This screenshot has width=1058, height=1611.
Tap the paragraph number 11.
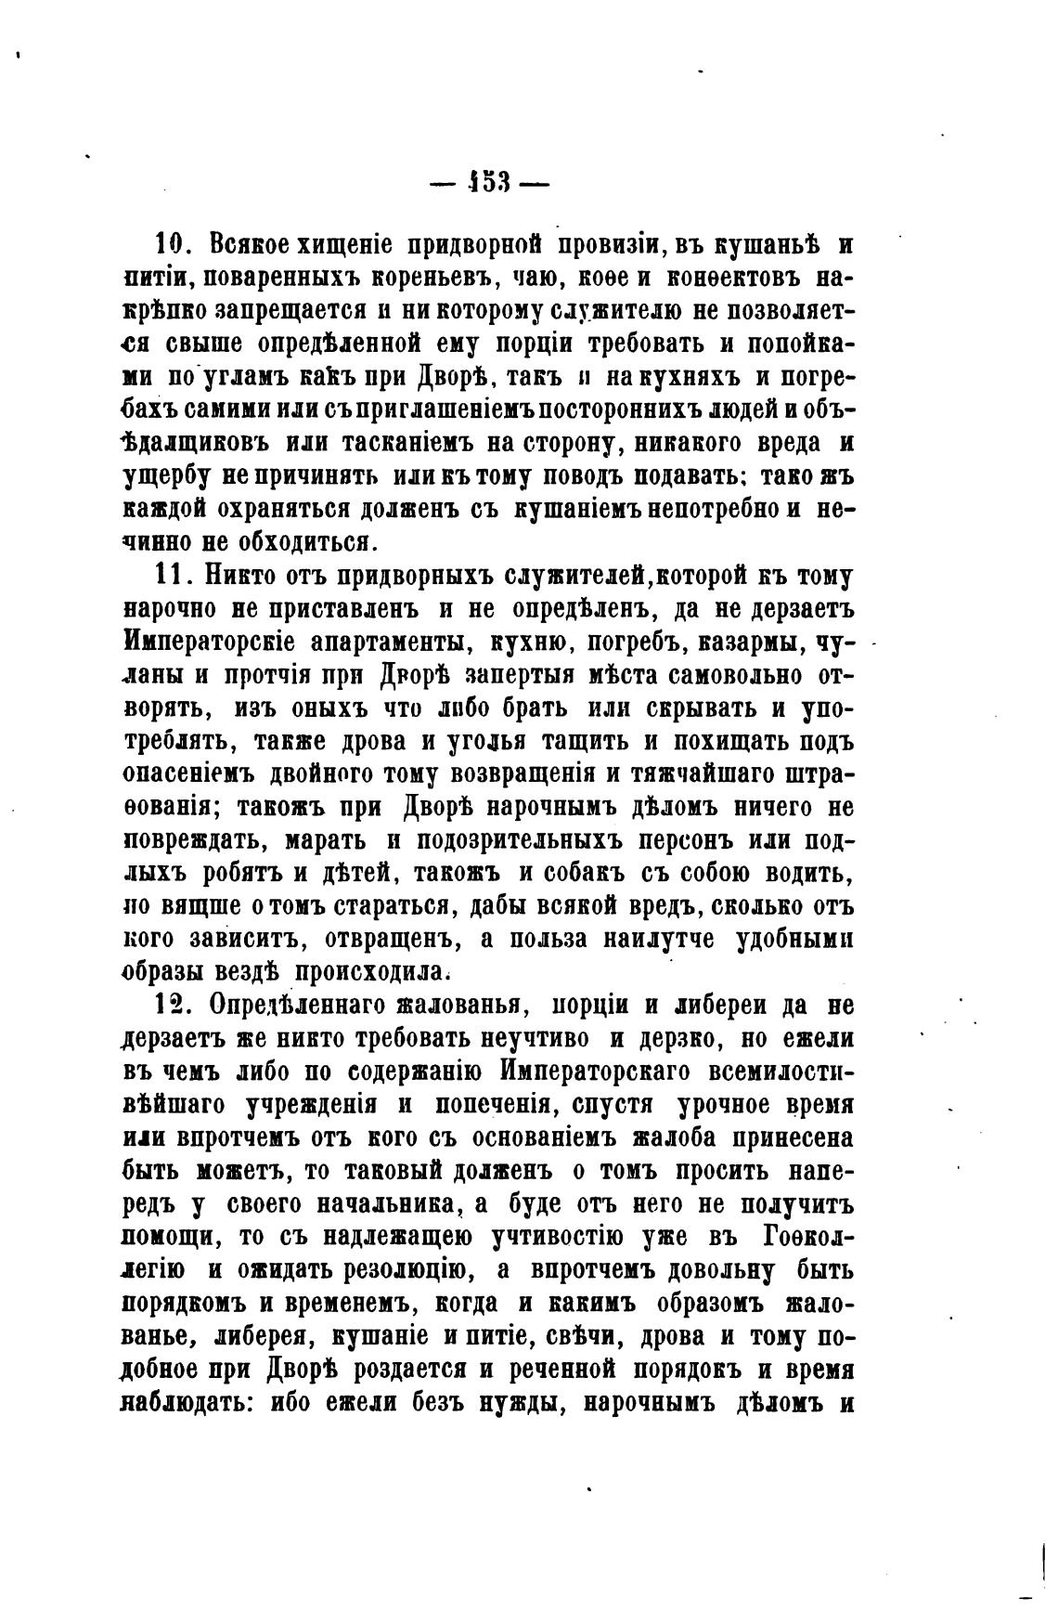pos(173,576)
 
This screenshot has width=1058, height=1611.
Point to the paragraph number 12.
pos(173,1006)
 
